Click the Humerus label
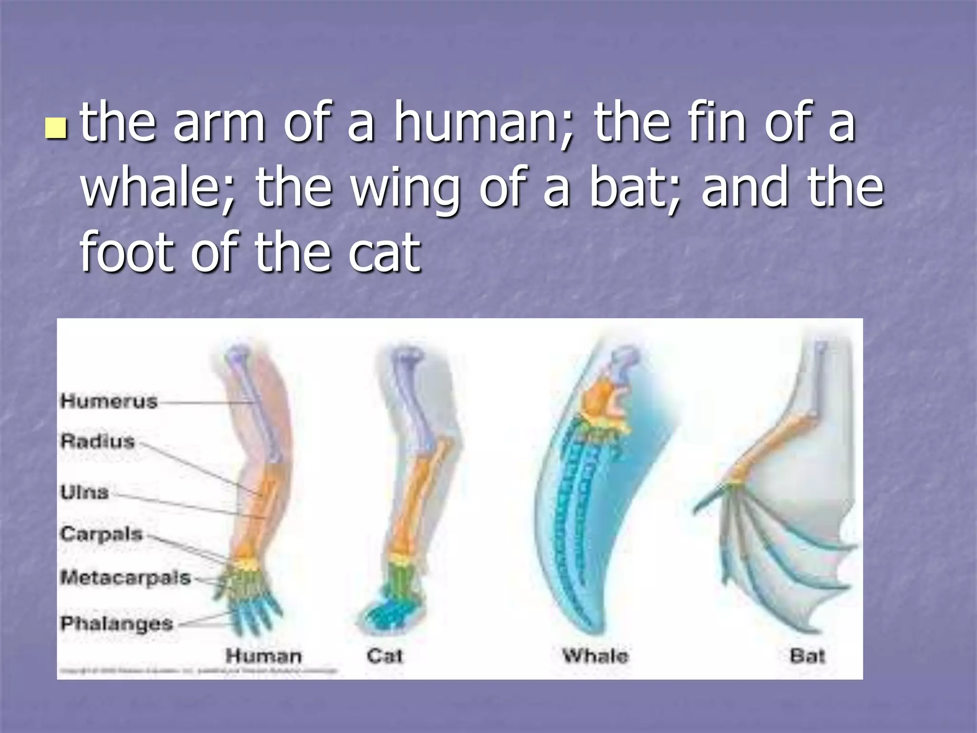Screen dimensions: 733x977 tap(109, 401)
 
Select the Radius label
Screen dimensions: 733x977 tap(98, 441)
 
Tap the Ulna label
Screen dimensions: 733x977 tap(85, 492)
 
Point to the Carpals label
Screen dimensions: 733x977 tap(102, 534)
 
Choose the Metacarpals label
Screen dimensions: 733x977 tap(125, 578)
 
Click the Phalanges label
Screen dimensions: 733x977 tap(117, 623)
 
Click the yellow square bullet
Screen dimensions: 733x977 tap(55, 128)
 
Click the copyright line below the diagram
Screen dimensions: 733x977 tap(198, 671)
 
